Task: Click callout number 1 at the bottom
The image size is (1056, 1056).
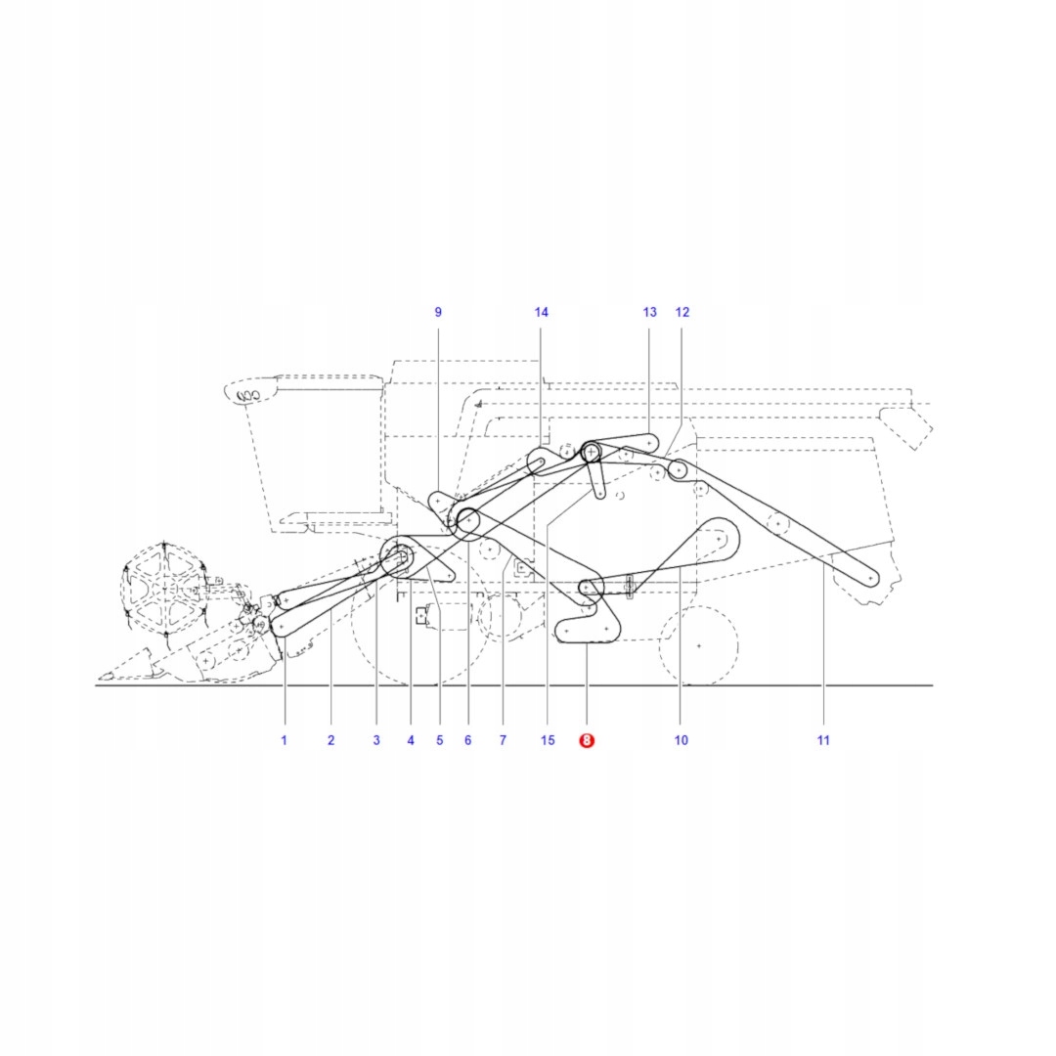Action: (x=285, y=740)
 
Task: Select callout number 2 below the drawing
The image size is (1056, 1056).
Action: (x=330, y=740)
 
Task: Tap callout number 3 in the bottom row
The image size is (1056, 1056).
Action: (x=376, y=740)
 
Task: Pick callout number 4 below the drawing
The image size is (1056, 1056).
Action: (x=411, y=740)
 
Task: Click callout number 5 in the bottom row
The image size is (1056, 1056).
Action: (x=440, y=740)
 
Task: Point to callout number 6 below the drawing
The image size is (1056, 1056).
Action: (x=467, y=740)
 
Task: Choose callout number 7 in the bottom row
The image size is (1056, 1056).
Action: (x=503, y=740)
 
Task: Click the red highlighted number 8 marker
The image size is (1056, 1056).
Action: (x=587, y=741)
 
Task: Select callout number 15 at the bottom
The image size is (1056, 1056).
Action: (x=548, y=740)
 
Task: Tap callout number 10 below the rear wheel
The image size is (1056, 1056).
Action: (x=682, y=740)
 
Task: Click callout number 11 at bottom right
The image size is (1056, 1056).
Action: (x=823, y=740)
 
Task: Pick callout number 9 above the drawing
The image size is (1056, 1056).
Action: (x=438, y=312)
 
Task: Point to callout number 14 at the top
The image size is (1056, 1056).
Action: (x=542, y=312)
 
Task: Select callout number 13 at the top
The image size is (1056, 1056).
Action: (x=650, y=312)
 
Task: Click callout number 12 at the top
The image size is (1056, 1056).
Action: (x=682, y=312)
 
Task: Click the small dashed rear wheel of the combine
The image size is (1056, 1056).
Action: (x=698, y=645)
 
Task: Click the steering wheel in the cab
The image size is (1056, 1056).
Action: (x=249, y=395)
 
